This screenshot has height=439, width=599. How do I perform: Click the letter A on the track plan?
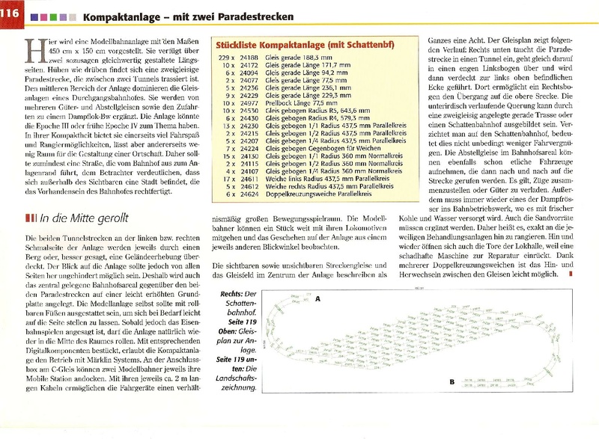(317, 298)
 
